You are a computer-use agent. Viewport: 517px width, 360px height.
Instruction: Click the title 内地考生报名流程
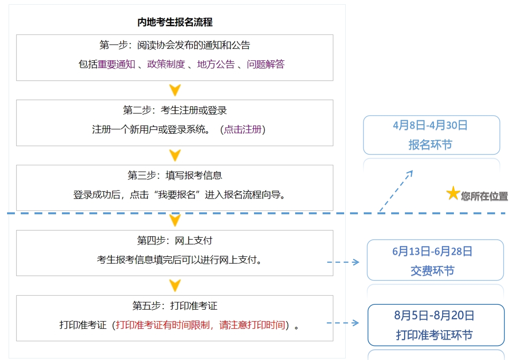point(175,22)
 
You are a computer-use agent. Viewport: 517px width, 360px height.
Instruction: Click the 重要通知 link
point(116,64)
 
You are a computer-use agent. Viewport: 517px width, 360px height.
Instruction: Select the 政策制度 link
point(166,64)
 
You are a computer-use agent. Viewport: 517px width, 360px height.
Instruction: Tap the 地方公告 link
point(216,64)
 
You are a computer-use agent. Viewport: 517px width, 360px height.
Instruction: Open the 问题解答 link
point(265,64)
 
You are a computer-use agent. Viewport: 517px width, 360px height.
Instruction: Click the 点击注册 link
point(243,130)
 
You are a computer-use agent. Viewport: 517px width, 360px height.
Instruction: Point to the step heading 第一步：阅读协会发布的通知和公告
point(175,45)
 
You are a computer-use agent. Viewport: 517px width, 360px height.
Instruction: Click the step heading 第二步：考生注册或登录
point(175,110)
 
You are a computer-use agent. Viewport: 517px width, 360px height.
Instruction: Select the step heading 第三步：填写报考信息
point(175,175)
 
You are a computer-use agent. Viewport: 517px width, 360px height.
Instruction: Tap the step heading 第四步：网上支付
point(175,241)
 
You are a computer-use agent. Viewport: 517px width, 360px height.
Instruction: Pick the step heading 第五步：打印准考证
point(175,306)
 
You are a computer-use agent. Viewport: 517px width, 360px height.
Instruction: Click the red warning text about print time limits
point(200,325)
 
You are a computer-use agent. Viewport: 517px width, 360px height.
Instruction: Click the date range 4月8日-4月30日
point(430,125)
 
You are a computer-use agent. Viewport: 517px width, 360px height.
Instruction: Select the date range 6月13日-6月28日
point(432,251)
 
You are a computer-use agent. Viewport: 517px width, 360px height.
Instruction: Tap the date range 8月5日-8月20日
point(434,315)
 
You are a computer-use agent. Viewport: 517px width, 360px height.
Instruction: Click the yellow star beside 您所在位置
point(453,193)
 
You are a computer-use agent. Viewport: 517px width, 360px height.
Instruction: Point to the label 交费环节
point(432,271)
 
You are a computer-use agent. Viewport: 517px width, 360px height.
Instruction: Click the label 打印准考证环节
point(434,335)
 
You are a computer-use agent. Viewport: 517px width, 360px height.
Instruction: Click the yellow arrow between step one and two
point(175,90)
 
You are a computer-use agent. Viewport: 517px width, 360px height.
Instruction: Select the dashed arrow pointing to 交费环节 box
point(343,262)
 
